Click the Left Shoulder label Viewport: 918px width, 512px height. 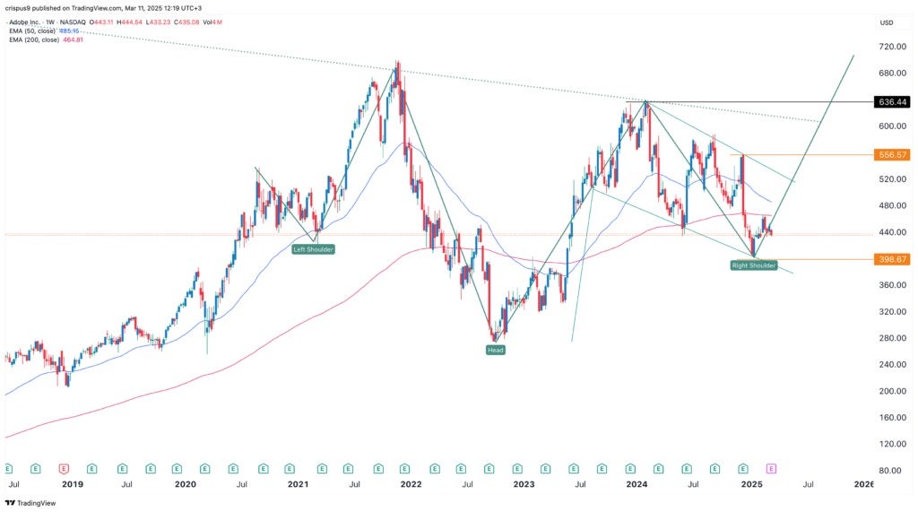click(x=313, y=248)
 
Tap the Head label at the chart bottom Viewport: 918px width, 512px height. click(x=496, y=350)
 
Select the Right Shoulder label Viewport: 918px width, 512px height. click(x=753, y=265)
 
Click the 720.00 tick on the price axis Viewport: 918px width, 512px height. click(x=891, y=47)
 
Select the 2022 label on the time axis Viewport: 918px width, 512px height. click(x=411, y=484)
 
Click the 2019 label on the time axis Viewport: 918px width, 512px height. click(x=72, y=484)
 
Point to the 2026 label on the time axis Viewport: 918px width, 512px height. click(x=864, y=484)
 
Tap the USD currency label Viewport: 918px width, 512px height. click(x=888, y=22)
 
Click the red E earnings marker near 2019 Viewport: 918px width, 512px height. click(x=64, y=468)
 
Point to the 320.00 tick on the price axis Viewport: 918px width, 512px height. click(x=891, y=312)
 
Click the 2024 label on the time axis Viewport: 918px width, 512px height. click(x=637, y=484)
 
